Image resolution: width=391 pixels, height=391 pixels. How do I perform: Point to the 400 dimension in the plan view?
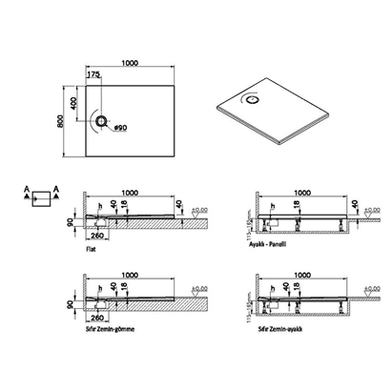point(80,99)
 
